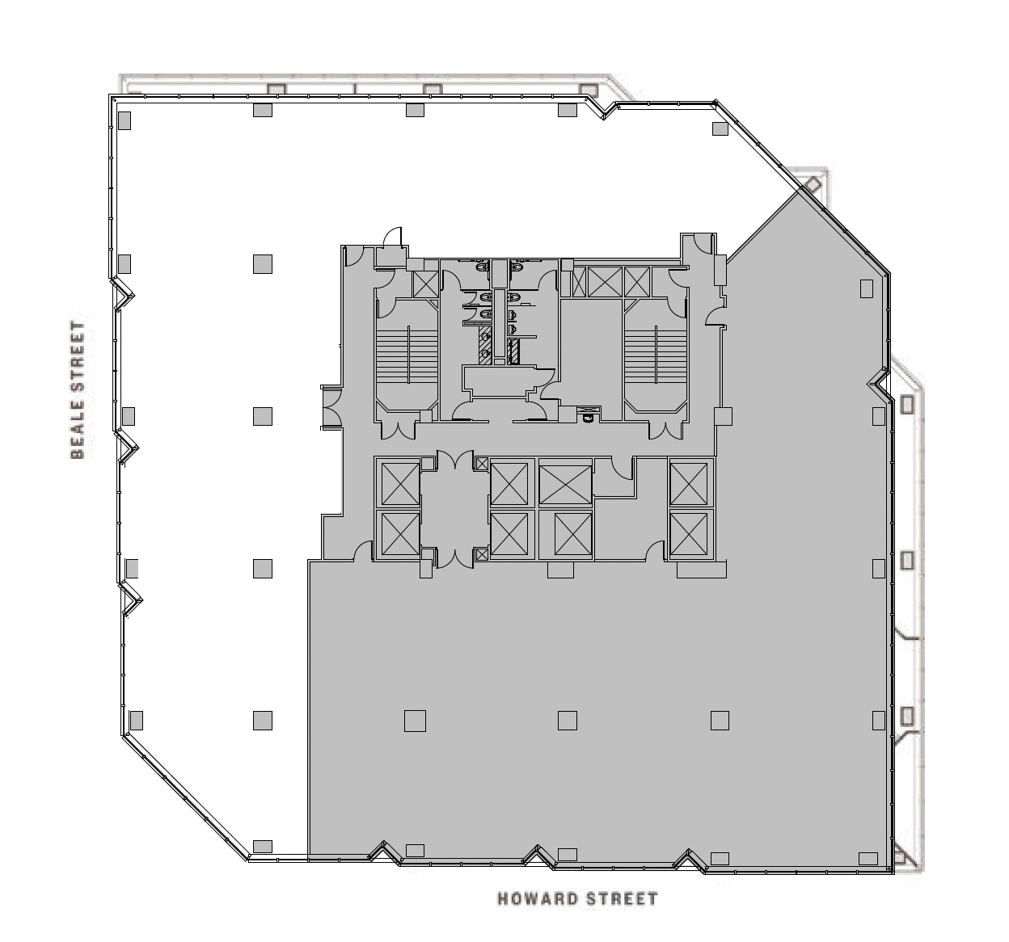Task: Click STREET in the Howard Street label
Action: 622,899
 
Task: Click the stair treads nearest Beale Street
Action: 407,356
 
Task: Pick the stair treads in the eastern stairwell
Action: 656,356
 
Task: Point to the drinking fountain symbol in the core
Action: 589,414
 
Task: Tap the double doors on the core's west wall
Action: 331,407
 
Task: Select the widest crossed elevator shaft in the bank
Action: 565,484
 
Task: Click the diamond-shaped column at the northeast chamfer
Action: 813,184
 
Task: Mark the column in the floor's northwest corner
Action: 125,120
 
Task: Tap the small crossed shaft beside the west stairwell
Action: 426,284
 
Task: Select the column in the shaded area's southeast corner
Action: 868,858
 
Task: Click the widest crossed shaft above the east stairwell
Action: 605,282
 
